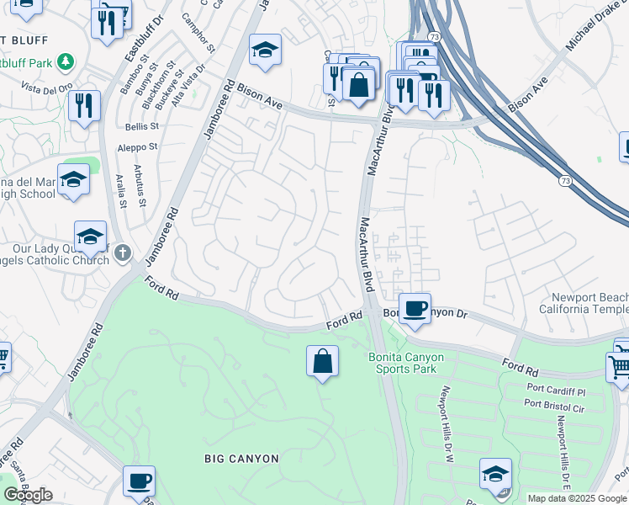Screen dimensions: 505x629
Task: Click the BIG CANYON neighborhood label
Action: (241, 459)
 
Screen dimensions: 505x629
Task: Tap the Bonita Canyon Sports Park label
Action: (406, 363)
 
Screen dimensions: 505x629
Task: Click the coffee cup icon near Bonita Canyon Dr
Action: (414, 309)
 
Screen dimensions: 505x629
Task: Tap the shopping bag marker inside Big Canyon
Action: (323, 362)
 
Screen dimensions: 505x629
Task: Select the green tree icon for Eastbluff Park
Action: (65, 62)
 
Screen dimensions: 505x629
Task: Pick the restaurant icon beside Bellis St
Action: (84, 106)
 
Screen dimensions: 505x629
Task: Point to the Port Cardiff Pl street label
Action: (557, 391)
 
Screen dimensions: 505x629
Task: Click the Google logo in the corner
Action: (28, 495)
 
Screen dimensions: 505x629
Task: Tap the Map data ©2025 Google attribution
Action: (576, 498)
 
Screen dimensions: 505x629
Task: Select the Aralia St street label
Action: (122, 192)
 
